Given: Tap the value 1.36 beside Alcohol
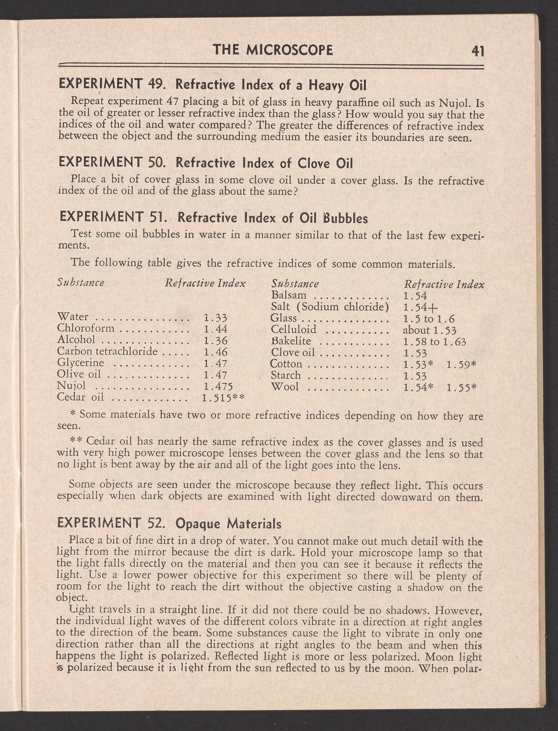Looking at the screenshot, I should [215, 341].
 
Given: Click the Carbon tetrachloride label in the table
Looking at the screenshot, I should [107, 351].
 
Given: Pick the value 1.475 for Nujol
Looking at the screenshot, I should [218, 386].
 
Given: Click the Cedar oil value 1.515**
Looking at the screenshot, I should [223, 397].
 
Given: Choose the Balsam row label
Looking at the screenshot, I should [289, 295].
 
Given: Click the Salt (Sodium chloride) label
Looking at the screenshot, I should [330, 307].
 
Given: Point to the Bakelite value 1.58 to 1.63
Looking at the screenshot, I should [434, 341].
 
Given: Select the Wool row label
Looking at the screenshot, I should [285, 387].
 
